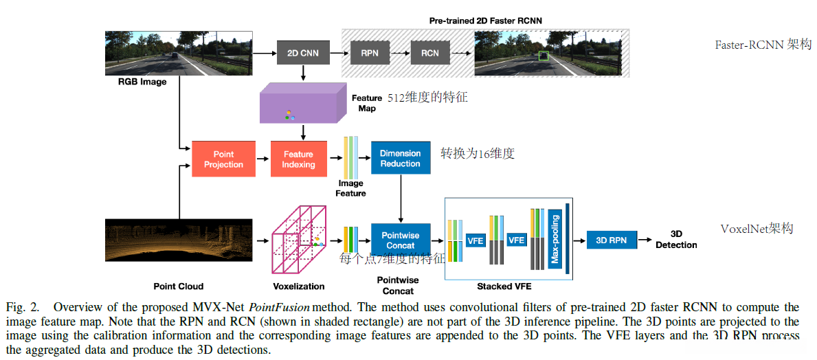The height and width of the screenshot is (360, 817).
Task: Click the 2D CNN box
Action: pyautogui.click(x=303, y=53)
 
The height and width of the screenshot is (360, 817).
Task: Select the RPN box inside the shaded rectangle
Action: pyautogui.click(x=370, y=53)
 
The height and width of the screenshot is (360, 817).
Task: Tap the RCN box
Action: pyautogui.click(x=429, y=53)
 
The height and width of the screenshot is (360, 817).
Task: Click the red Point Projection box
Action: pyautogui.click(x=223, y=159)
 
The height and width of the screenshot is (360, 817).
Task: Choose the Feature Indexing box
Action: pyautogui.click(x=298, y=159)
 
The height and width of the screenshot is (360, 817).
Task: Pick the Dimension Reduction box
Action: pyautogui.click(x=400, y=159)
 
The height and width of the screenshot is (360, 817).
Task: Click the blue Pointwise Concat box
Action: pyautogui.click(x=400, y=240)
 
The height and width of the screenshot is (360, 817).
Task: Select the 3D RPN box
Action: pyautogui.click(x=612, y=240)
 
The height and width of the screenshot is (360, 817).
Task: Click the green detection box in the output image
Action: pyautogui.click(x=545, y=56)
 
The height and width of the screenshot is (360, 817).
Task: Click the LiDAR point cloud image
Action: pyautogui.click(x=178, y=240)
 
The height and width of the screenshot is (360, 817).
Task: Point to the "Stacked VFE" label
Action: pyautogui.click(x=504, y=286)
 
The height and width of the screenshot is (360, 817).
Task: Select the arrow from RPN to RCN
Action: pyautogui.click(x=400, y=53)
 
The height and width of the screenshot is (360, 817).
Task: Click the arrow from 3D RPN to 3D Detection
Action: pyautogui.click(x=646, y=240)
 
